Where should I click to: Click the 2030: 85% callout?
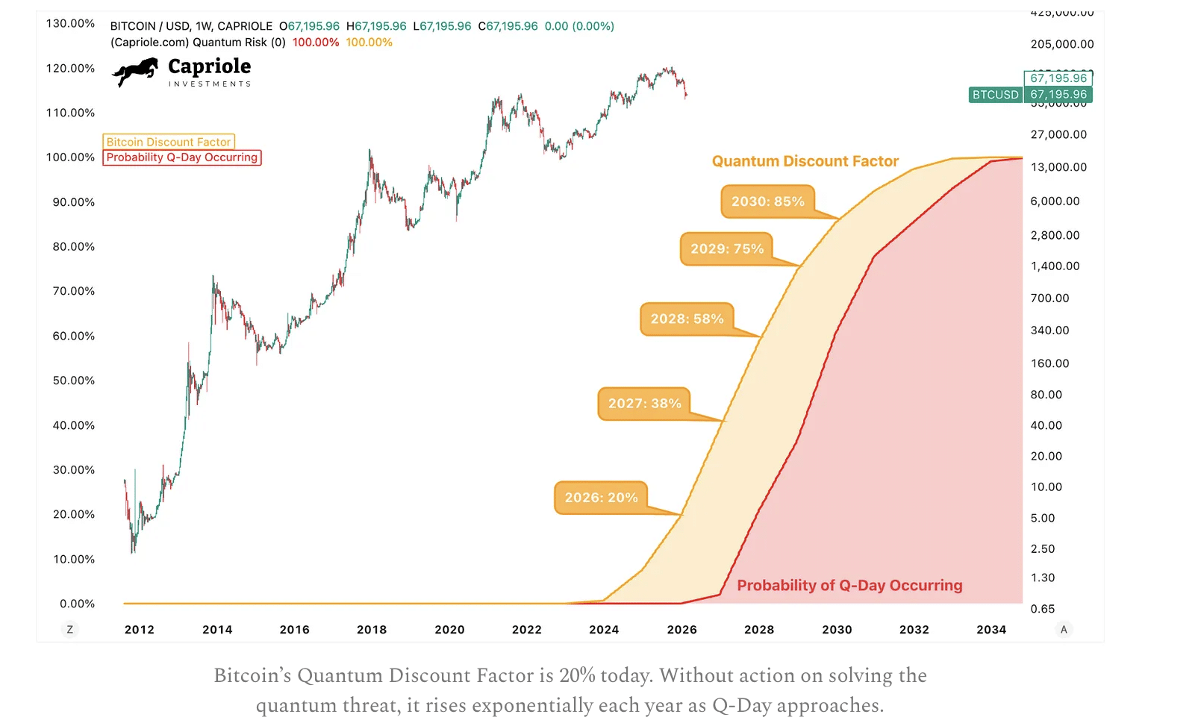point(767,201)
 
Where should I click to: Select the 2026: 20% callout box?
point(601,498)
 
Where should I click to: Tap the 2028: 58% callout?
point(687,319)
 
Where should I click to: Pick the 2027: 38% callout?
point(644,404)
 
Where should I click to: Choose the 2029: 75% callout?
point(727,249)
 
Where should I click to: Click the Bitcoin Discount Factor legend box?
point(169,142)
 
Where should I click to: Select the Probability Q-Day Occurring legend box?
point(182,157)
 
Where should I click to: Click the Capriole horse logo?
point(135,72)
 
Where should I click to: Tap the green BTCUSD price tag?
point(995,95)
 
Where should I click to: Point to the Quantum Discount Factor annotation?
point(805,161)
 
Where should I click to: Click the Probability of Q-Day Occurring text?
point(849,586)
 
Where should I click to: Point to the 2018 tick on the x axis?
point(372,630)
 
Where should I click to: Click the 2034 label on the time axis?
point(991,630)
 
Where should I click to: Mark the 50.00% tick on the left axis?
point(74,381)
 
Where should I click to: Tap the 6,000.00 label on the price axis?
point(1055,201)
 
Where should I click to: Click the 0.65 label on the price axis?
point(1043,609)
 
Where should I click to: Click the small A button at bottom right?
point(1064,630)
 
